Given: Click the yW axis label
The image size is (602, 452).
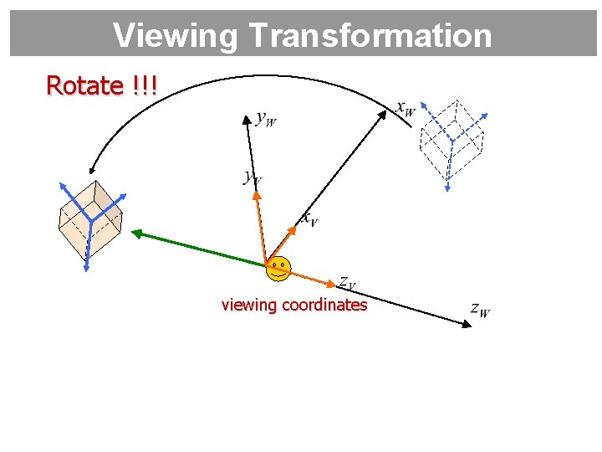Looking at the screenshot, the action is point(266,119).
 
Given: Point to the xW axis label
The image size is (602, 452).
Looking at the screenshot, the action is point(405,109).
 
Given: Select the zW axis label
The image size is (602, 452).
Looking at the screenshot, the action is point(480,310).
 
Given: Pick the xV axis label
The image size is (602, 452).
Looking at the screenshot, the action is point(309,219).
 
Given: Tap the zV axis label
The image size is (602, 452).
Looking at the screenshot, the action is point(347,282).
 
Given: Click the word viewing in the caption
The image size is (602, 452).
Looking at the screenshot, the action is point(248,305).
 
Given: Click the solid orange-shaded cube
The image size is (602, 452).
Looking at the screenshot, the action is point(89,220).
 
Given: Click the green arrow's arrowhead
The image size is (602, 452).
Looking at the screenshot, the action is point(136,234).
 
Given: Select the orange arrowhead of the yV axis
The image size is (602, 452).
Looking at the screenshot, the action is point(257,194).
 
